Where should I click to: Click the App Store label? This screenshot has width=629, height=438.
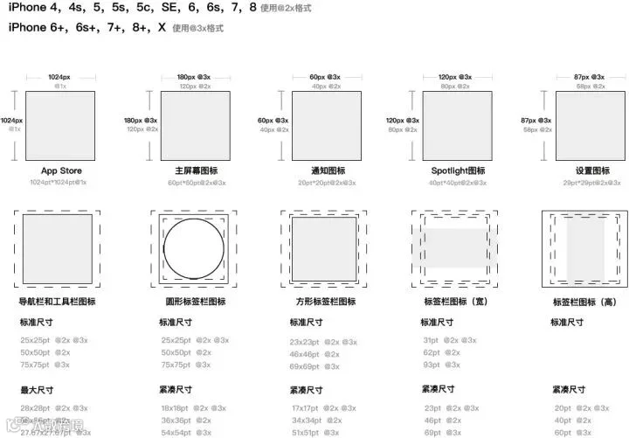(60, 170)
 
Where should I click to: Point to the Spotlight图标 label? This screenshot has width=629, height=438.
(458, 170)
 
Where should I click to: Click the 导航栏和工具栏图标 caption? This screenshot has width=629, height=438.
(57, 301)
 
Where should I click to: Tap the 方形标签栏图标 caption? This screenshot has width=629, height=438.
(323, 301)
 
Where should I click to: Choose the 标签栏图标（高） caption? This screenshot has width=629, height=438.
(588, 302)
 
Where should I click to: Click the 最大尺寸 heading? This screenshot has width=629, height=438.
(37, 389)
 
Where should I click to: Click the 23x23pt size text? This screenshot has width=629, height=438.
(306, 343)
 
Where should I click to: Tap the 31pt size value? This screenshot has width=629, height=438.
(432, 340)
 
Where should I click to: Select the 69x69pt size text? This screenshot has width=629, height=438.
(306, 366)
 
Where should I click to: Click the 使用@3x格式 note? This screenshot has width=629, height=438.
(197, 29)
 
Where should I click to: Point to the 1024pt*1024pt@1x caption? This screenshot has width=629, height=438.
(58, 183)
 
